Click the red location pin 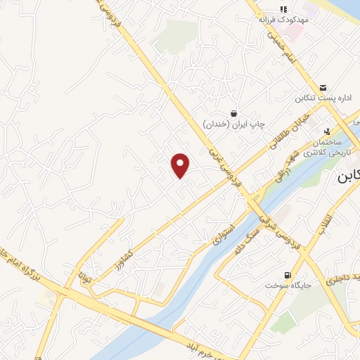tap(181, 165)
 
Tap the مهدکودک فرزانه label tap(283, 21)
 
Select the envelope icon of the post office tap(322, 86)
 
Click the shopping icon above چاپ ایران tap(233, 113)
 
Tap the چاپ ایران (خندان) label tap(233, 124)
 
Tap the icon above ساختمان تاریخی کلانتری tap(326, 131)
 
